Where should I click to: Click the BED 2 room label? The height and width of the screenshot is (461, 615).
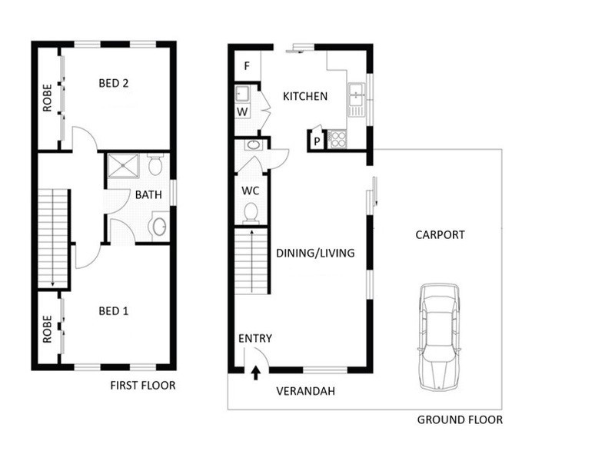pos(114,84)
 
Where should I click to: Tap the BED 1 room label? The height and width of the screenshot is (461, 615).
pos(114,311)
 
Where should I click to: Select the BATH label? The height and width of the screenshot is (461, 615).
pos(148,194)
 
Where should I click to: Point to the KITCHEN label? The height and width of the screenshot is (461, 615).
pos(305,96)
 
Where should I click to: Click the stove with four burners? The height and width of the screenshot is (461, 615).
pos(337,139)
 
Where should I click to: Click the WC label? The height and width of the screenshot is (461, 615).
pos(250,189)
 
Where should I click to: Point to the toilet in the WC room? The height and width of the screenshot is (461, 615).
pos(250,211)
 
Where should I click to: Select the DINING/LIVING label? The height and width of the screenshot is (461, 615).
pos(315,252)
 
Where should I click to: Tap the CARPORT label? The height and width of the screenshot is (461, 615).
pos(440,235)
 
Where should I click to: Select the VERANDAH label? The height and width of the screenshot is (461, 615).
pos(306,391)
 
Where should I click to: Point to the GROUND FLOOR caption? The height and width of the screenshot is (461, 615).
pos(460,420)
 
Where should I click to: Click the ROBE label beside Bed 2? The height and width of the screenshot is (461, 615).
pos(47,98)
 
